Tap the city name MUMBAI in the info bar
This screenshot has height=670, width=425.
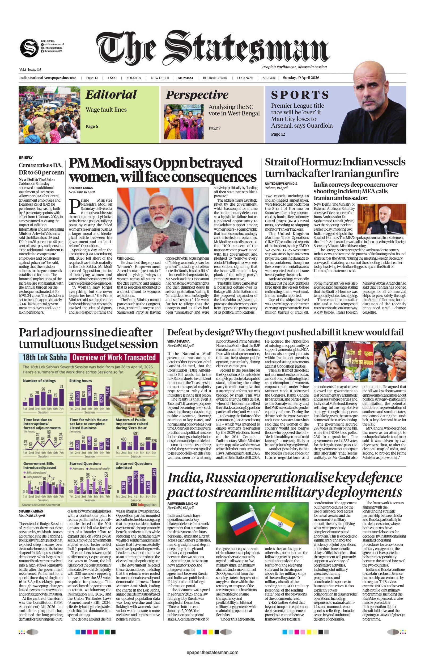(185, 78)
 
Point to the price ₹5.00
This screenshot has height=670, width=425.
(112, 78)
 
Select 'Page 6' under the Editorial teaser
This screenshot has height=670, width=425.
(92, 127)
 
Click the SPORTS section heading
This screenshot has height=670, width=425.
(300, 95)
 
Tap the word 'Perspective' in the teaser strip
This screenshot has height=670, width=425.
(197, 95)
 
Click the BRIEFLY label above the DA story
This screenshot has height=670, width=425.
(26, 158)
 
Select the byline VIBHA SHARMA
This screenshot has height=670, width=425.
(178, 342)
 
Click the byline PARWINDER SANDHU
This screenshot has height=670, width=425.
(182, 503)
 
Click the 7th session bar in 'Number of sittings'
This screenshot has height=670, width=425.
(61, 397)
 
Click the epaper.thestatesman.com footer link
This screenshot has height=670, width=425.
(212, 652)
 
